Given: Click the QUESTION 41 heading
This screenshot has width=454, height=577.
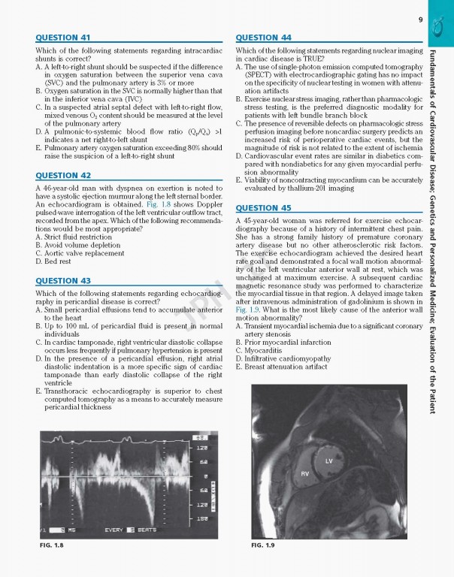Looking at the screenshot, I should pyautogui.click(x=63, y=38).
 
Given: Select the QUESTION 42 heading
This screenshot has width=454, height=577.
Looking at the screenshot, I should pyautogui.click(x=63, y=176).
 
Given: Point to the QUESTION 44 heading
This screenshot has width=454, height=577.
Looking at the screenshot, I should pyautogui.click(x=263, y=38).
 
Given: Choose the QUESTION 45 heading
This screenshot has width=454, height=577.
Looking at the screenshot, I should pyautogui.click(x=263, y=208).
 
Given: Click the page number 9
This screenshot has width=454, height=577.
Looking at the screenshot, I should pyautogui.click(x=421, y=19).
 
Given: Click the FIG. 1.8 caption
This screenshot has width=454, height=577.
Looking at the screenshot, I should pyautogui.click(x=52, y=545).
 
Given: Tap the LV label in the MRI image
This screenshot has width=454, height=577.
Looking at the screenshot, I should pyautogui.click(x=328, y=461).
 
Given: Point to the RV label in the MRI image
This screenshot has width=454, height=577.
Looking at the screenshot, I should pyautogui.click(x=305, y=474).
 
